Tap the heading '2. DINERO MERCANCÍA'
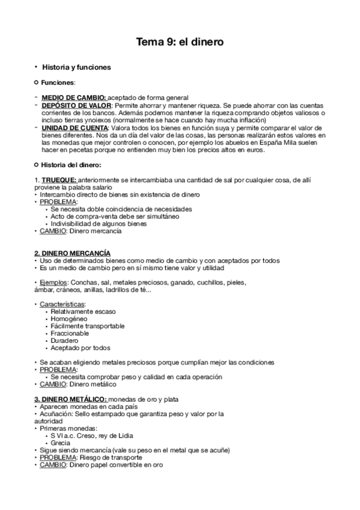pos(72,253)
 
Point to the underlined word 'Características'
pos(63,304)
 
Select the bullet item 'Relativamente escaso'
pos(83,312)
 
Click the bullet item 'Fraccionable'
pos(70,333)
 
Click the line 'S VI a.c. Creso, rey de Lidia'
pos(92,435)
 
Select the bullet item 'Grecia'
pos(61,443)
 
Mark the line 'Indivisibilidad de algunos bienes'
pos(98,224)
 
